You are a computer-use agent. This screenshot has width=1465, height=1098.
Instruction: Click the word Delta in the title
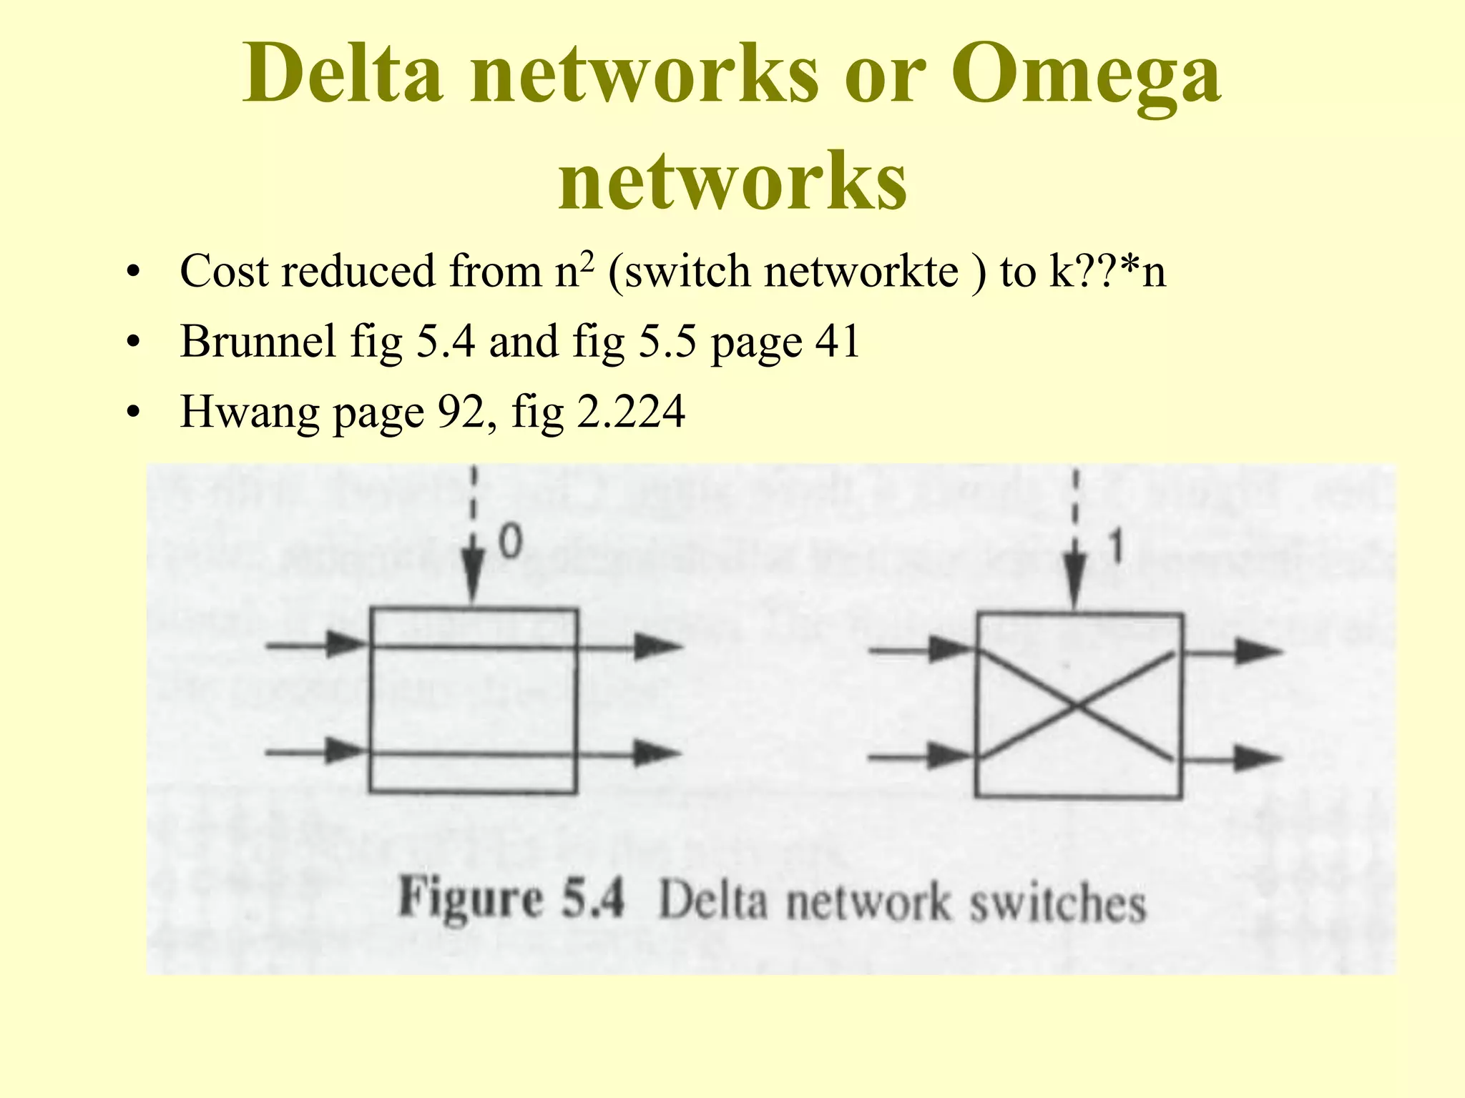342,74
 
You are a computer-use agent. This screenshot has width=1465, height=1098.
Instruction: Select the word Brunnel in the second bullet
258,342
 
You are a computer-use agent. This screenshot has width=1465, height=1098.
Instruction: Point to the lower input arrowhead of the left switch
345,751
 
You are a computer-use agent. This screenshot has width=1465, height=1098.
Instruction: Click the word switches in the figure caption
1057,904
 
